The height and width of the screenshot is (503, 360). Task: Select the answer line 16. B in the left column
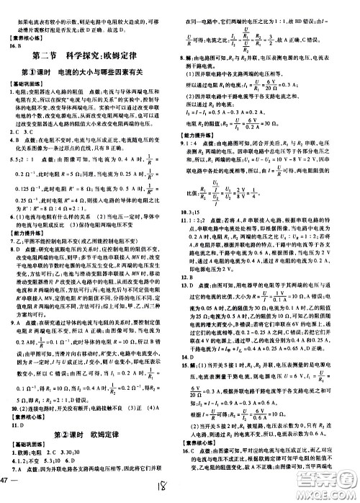click(x=16, y=44)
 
